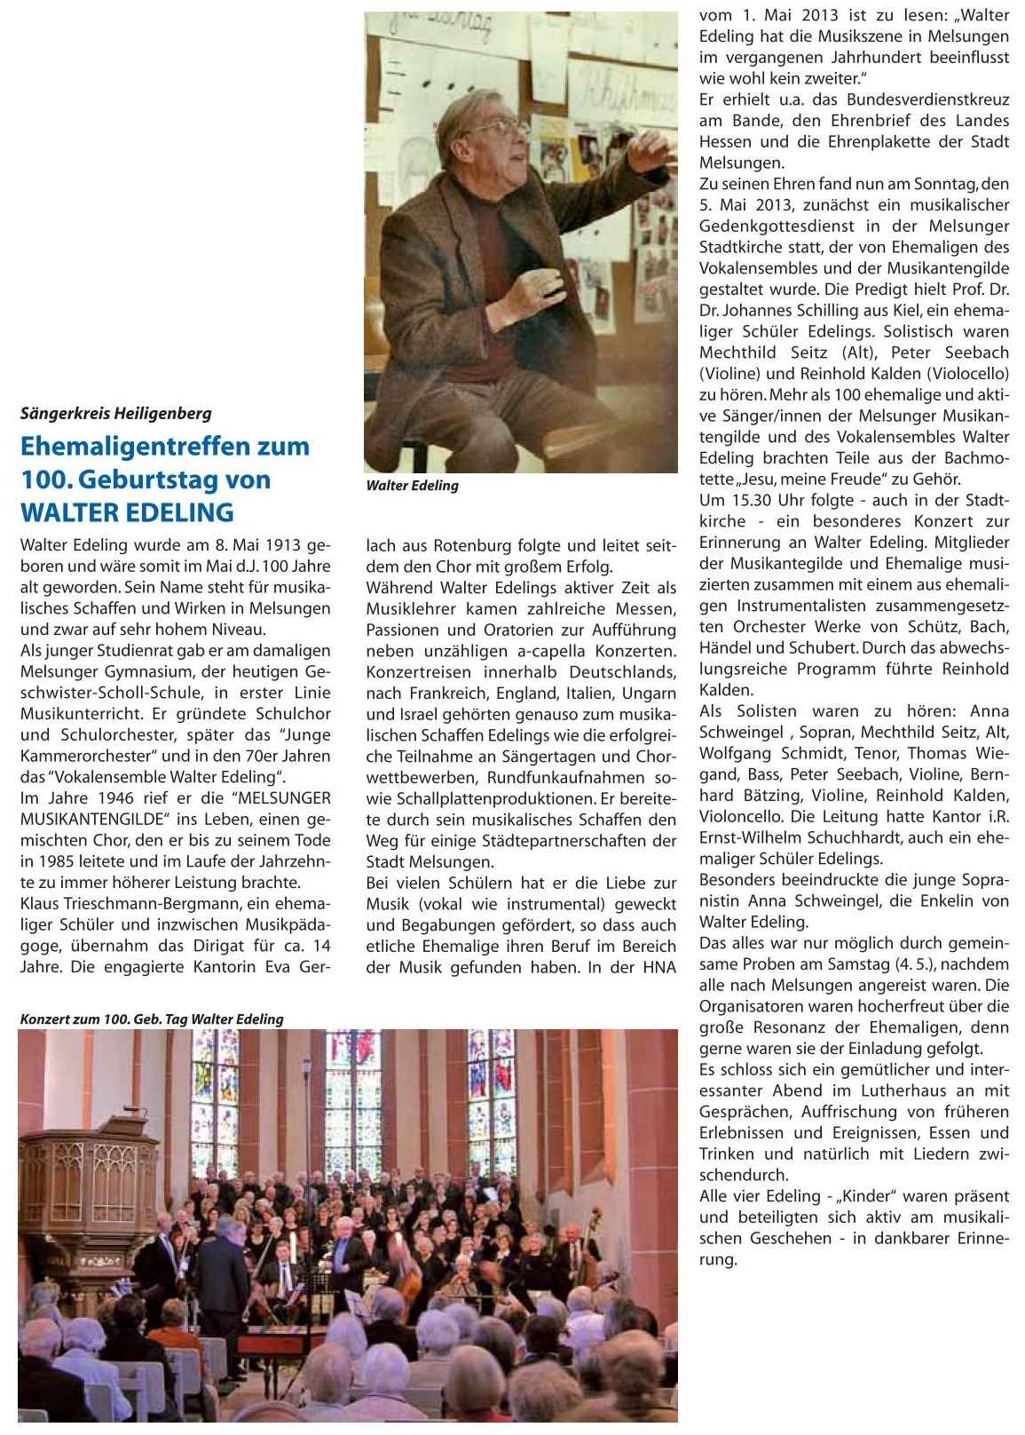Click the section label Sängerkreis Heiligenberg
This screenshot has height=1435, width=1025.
tap(115, 413)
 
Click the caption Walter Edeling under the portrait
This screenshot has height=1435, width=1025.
tap(412, 486)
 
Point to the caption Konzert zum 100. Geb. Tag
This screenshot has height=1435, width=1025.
tap(152, 1019)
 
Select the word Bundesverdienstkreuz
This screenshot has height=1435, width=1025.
tap(928, 99)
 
